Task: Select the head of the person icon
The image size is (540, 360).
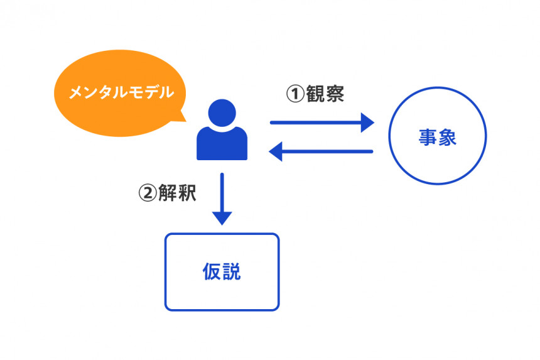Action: pyautogui.click(x=222, y=113)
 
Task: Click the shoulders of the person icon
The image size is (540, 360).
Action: pyautogui.click(x=222, y=145)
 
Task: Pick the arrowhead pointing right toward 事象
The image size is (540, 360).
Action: pyautogui.click(x=367, y=123)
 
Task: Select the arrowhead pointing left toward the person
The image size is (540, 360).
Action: pyautogui.click(x=276, y=151)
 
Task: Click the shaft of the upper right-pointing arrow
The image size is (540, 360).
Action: pyautogui.click(x=314, y=123)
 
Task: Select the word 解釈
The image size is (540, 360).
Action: pyautogui.click(x=177, y=193)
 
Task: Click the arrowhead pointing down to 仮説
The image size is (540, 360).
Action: pyautogui.click(x=222, y=217)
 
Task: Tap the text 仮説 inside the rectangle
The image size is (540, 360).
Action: pyautogui.click(x=222, y=272)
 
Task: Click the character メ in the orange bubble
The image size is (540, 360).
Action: pyautogui.click(x=75, y=94)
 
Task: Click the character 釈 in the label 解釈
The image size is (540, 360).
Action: pyautogui.click(x=186, y=193)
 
